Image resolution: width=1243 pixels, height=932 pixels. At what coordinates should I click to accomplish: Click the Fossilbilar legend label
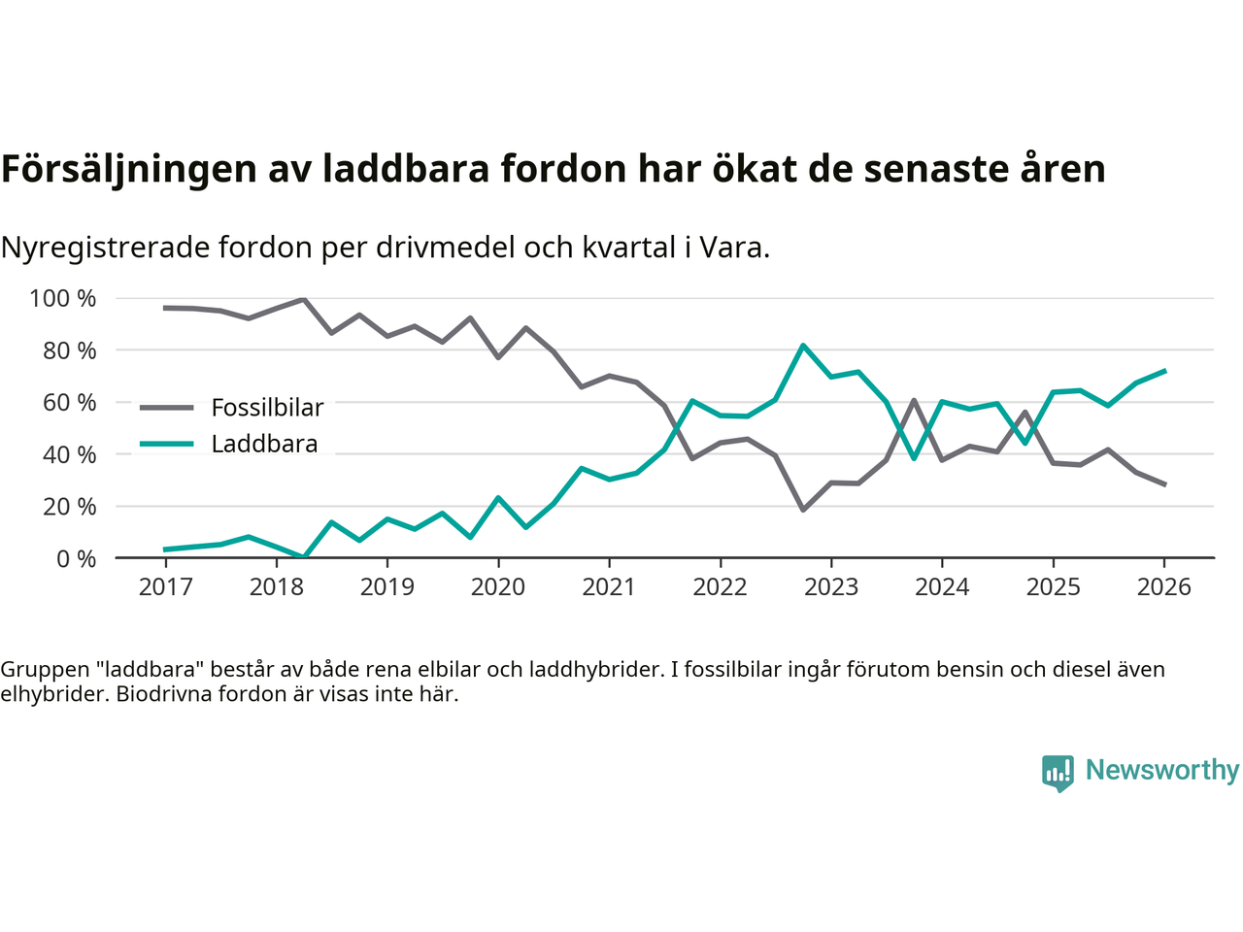pos(267,408)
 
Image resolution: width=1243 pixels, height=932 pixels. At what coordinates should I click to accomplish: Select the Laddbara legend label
pos(264,445)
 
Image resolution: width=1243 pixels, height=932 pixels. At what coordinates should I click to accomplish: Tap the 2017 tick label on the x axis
pos(165,587)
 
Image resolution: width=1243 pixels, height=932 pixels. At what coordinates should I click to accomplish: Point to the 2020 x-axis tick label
pos(498,587)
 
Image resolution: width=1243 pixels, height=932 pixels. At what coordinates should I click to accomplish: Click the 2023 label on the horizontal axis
pos(831,587)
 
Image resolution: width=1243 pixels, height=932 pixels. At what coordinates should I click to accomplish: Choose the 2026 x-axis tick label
pos(1163,587)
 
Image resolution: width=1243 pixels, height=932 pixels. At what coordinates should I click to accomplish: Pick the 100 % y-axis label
pos(63,299)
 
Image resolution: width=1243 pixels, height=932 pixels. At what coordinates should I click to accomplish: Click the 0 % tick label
pos(76,559)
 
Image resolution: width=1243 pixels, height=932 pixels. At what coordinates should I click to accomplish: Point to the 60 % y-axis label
pos(70,403)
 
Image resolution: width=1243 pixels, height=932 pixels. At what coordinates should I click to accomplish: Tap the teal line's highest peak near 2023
pos(803,346)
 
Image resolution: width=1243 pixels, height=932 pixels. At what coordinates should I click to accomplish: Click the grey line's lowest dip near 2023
pos(803,510)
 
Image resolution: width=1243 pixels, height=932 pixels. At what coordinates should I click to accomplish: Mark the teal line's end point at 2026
pos(1164,371)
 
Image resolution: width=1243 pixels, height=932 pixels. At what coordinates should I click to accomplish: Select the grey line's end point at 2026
pos(1164,484)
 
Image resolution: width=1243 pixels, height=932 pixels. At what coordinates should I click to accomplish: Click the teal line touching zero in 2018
pos(304,557)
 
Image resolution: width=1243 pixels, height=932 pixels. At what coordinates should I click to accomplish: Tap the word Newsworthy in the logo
pos(1161,770)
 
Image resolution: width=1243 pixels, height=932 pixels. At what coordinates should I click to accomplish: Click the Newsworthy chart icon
pos(1058,773)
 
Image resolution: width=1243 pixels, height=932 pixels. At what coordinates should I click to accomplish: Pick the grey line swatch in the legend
pos(166,408)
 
